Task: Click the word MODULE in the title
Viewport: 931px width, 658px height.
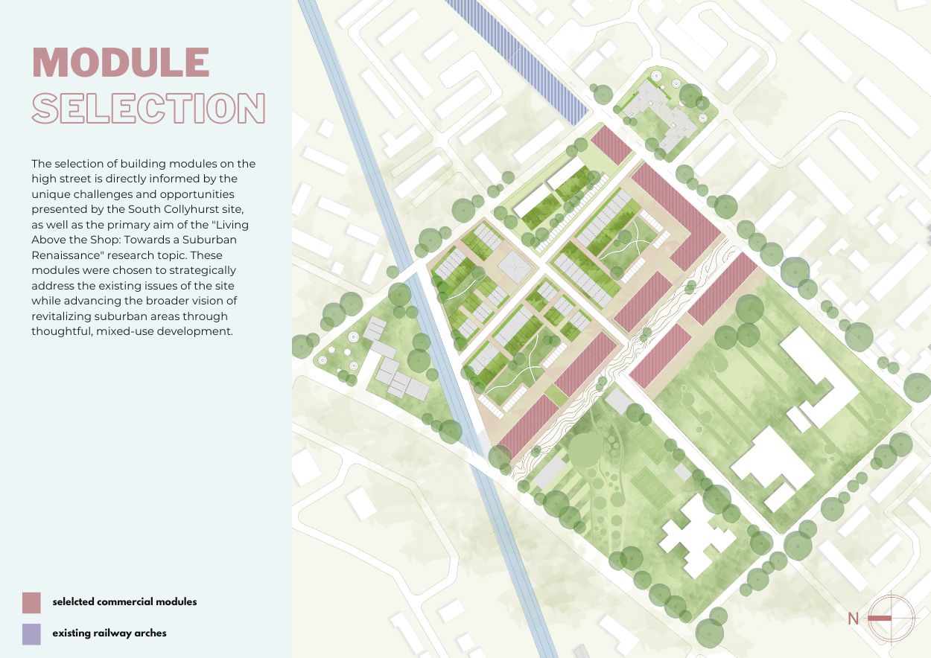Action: point(121,63)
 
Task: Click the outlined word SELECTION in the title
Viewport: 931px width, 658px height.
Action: point(149,109)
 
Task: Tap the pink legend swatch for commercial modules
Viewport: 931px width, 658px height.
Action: point(31,601)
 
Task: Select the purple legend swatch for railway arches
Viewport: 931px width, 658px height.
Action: point(31,633)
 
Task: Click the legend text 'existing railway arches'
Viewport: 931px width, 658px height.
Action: point(109,633)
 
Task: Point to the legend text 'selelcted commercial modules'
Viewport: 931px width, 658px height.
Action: point(124,601)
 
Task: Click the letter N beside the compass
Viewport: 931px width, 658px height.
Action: point(854,618)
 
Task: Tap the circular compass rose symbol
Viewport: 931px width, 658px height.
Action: point(891,618)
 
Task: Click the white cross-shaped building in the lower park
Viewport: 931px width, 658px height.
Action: point(690,535)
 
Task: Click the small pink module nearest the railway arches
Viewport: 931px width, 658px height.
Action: point(611,144)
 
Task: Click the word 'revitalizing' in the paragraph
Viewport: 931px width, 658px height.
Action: point(62,316)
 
